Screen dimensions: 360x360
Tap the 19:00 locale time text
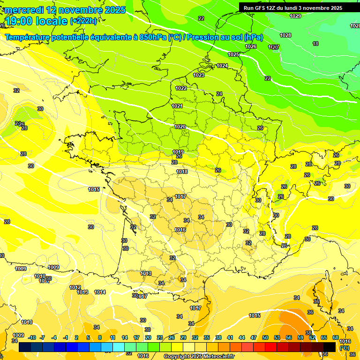pos(36,21)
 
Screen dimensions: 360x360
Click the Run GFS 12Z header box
pos(293,8)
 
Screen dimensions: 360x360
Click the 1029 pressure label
pos(295,16)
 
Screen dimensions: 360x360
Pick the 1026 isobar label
pos(251,46)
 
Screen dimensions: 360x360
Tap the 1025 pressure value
pos(233,55)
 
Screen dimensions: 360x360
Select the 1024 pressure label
pos(222,66)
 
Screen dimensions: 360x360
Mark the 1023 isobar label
pos(199,75)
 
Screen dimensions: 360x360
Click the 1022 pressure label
pos(181,88)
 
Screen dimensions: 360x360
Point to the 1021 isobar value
pos(177,106)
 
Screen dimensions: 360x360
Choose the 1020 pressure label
pos(180,127)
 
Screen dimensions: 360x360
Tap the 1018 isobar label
pos(182,172)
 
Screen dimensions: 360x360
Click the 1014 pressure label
pos(100,292)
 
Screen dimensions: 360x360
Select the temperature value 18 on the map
pos(315,44)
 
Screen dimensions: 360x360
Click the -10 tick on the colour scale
pos(32,337)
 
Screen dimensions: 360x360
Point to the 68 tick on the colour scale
pos(336,337)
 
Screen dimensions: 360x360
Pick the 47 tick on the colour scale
pos(254,337)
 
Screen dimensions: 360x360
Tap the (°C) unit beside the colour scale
pos(345,348)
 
